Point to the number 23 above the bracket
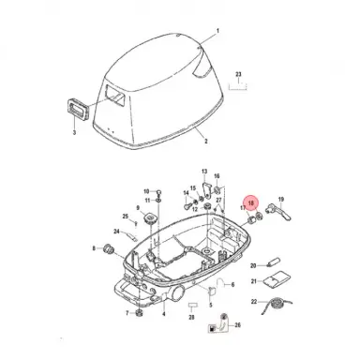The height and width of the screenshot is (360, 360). click(239, 72)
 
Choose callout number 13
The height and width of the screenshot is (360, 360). click(204, 172)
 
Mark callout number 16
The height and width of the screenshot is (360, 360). click(217, 176)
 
